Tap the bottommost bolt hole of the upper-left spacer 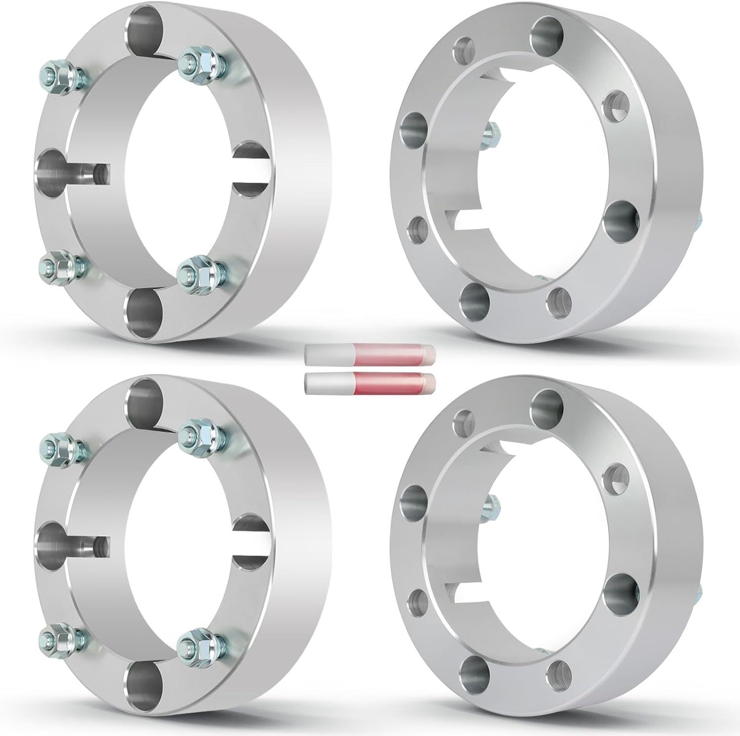pyautogui.click(x=144, y=313)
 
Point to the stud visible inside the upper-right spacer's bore pyautogui.click(x=491, y=132)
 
